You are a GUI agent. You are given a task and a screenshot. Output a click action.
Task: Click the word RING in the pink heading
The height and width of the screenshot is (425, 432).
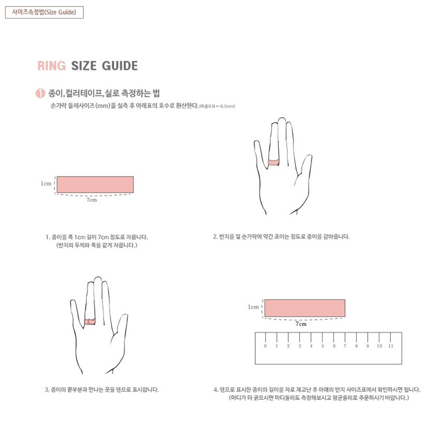52,66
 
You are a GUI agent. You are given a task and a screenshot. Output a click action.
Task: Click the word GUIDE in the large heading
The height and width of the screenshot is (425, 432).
120,66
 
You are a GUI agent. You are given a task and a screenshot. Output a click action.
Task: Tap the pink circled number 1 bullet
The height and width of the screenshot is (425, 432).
40,93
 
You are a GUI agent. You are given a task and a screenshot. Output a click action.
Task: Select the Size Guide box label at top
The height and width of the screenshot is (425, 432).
44,12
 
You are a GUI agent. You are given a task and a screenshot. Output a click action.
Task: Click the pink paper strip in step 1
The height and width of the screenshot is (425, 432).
95,185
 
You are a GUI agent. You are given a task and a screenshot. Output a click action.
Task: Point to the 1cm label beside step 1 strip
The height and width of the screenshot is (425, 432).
46,184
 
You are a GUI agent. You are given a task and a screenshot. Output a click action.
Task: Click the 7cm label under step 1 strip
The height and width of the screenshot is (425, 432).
92,200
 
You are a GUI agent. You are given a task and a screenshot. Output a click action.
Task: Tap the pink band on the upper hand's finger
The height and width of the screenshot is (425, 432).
274,162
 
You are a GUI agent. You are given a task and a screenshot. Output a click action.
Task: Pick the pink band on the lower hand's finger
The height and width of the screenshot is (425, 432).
90,321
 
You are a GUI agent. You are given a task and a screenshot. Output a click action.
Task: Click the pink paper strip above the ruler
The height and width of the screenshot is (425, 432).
305,308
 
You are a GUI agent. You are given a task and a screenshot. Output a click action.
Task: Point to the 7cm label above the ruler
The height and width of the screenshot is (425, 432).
301,324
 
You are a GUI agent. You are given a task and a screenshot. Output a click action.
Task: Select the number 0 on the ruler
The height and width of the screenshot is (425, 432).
265,346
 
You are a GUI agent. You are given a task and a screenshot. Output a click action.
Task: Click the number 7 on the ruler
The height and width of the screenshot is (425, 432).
345,346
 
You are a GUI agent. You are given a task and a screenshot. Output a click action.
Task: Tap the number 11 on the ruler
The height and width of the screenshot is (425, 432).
391,346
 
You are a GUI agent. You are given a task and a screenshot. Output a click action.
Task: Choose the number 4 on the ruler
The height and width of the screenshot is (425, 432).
311,346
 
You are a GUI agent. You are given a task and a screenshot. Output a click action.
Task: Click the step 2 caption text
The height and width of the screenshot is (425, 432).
281,236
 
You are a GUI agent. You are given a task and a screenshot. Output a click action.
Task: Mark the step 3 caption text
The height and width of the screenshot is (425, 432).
101,390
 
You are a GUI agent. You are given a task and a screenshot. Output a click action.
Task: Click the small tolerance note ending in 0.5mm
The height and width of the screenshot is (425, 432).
217,106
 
